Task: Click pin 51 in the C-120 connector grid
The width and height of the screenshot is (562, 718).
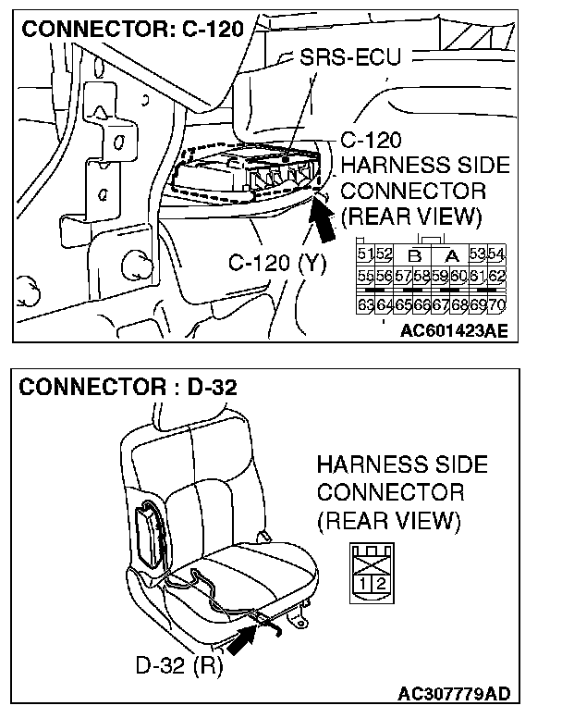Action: [x=363, y=254]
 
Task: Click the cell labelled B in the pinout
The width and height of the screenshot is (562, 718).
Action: [x=414, y=254]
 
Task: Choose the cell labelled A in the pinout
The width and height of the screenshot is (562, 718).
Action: [x=453, y=254]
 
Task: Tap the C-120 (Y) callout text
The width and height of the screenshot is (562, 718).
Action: [x=277, y=264]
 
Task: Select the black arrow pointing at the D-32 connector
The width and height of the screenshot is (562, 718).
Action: [x=242, y=638]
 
